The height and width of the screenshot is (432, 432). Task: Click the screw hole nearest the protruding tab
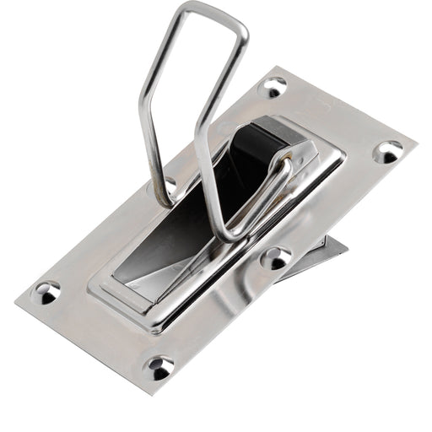(276, 258)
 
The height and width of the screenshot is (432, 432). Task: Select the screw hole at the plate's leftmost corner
(46, 293)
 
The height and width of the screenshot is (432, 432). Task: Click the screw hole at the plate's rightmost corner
(388, 153)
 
